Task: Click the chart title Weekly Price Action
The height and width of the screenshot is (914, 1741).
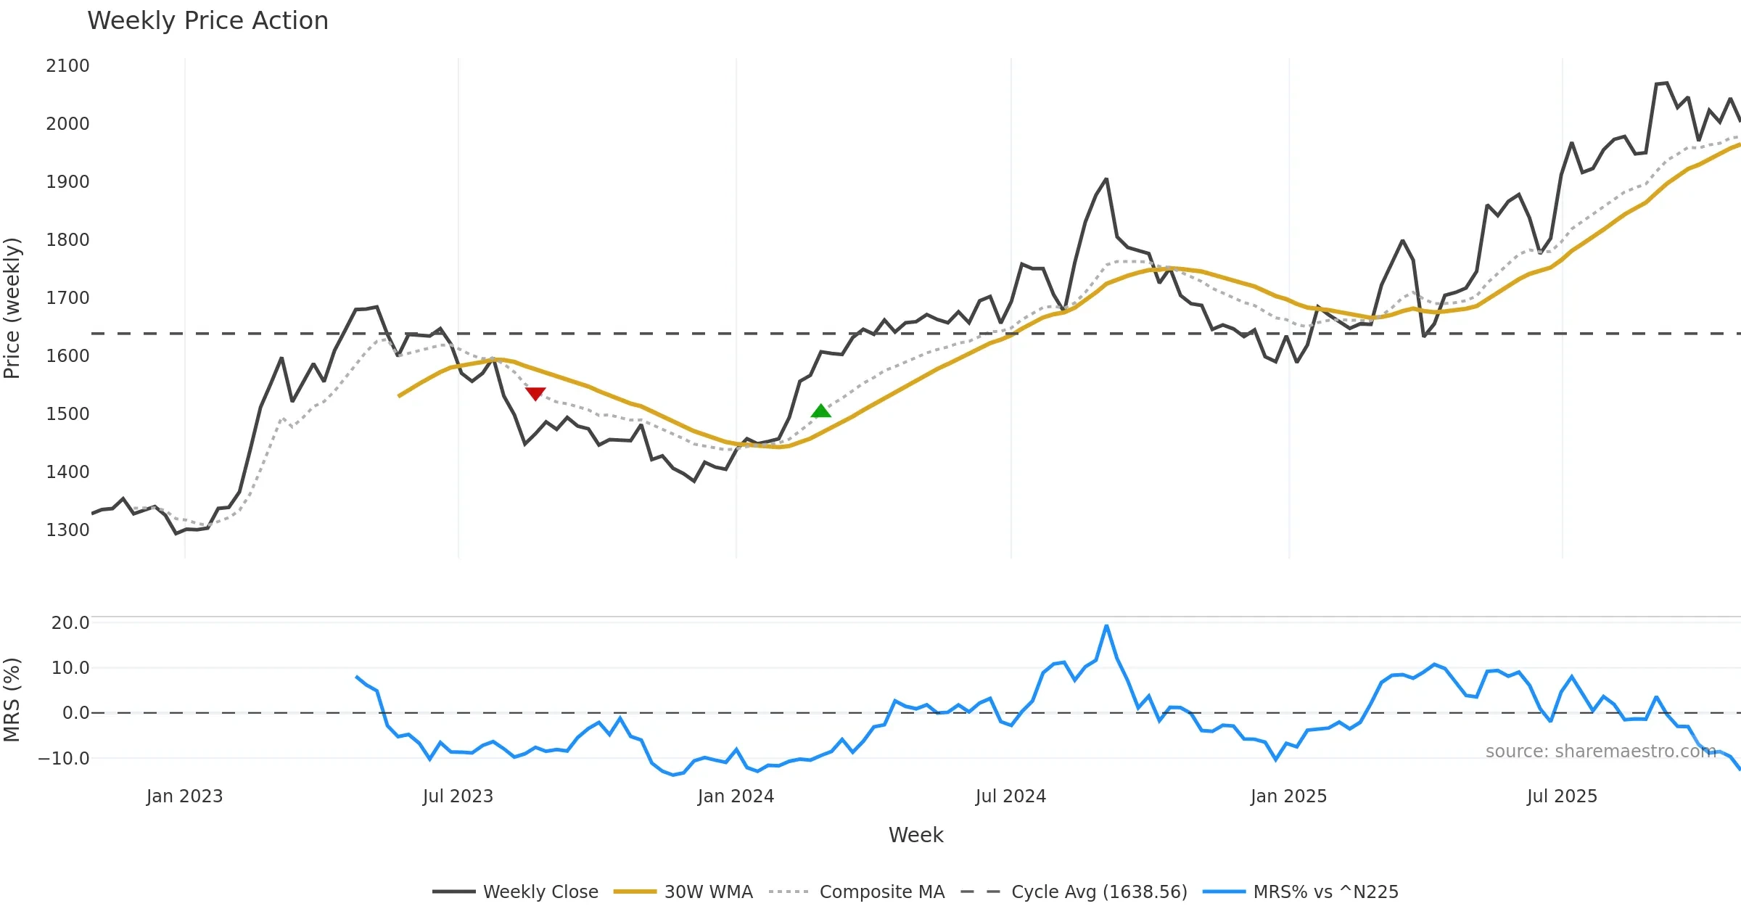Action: click(x=207, y=21)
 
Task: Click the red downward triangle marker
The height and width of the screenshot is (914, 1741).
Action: click(x=535, y=393)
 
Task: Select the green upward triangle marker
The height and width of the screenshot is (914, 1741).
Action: click(x=820, y=411)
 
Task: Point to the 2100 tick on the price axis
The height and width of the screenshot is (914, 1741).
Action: click(x=67, y=66)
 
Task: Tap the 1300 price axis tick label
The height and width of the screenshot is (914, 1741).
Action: click(x=67, y=530)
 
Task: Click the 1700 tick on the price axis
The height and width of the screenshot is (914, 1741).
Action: click(x=67, y=298)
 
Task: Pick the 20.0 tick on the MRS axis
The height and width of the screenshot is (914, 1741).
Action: click(x=70, y=623)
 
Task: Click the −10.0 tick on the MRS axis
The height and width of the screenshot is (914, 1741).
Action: click(x=64, y=759)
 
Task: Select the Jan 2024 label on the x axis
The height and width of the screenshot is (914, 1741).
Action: click(x=736, y=796)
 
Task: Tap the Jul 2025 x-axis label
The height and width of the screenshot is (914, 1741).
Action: click(x=1562, y=796)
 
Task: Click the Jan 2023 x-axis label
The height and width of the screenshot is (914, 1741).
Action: click(x=184, y=796)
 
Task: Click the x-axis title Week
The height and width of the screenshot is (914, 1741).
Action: click(x=915, y=836)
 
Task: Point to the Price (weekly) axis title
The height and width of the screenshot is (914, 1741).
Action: click(x=12, y=308)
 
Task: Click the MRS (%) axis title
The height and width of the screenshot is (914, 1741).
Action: click(x=12, y=700)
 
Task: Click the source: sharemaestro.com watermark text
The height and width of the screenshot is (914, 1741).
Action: click(x=1600, y=752)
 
